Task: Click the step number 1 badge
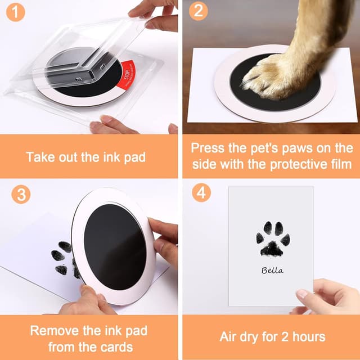point(16,11)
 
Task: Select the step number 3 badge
point(21,195)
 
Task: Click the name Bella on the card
point(272,271)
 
